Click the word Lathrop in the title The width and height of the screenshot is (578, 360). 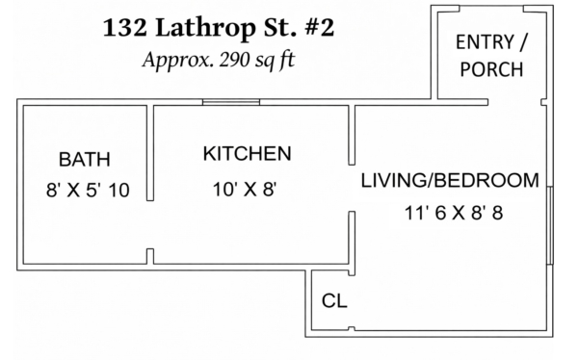click(x=205, y=29)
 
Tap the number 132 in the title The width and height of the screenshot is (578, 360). click(x=124, y=28)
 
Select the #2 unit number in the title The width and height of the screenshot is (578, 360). click(x=320, y=28)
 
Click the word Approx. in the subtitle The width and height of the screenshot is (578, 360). click(x=178, y=60)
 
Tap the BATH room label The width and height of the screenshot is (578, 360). click(x=85, y=160)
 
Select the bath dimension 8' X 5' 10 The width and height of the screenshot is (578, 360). click(x=88, y=191)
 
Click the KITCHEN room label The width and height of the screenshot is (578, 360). click(x=247, y=154)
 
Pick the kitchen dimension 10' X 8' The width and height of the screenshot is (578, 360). click(x=245, y=190)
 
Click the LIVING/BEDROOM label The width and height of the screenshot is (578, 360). click(x=450, y=181)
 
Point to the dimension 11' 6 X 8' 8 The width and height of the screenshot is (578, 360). click(x=454, y=213)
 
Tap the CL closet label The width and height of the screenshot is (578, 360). click(x=334, y=300)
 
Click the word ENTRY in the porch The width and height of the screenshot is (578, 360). click(x=485, y=41)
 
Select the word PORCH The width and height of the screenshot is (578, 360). click(x=491, y=69)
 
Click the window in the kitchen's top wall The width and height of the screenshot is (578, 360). click(x=231, y=102)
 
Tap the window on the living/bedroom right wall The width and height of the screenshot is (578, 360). click(x=550, y=225)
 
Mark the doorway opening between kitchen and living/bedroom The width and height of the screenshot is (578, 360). click(x=352, y=188)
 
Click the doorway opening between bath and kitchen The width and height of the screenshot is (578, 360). click(x=150, y=225)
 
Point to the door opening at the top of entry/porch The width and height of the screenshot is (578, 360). click(x=491, y=8)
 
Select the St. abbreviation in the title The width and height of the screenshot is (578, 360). click(x=279, y=28)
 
